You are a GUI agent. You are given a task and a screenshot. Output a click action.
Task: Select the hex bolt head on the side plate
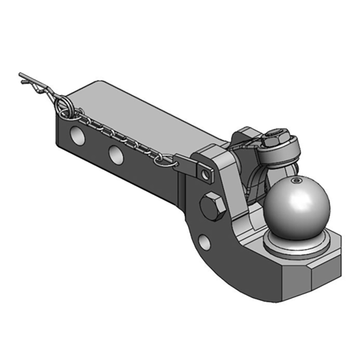(213, 206)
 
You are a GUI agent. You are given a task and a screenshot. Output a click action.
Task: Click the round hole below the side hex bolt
(203, 243)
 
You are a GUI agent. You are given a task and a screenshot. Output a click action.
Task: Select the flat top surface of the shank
(144, 112)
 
